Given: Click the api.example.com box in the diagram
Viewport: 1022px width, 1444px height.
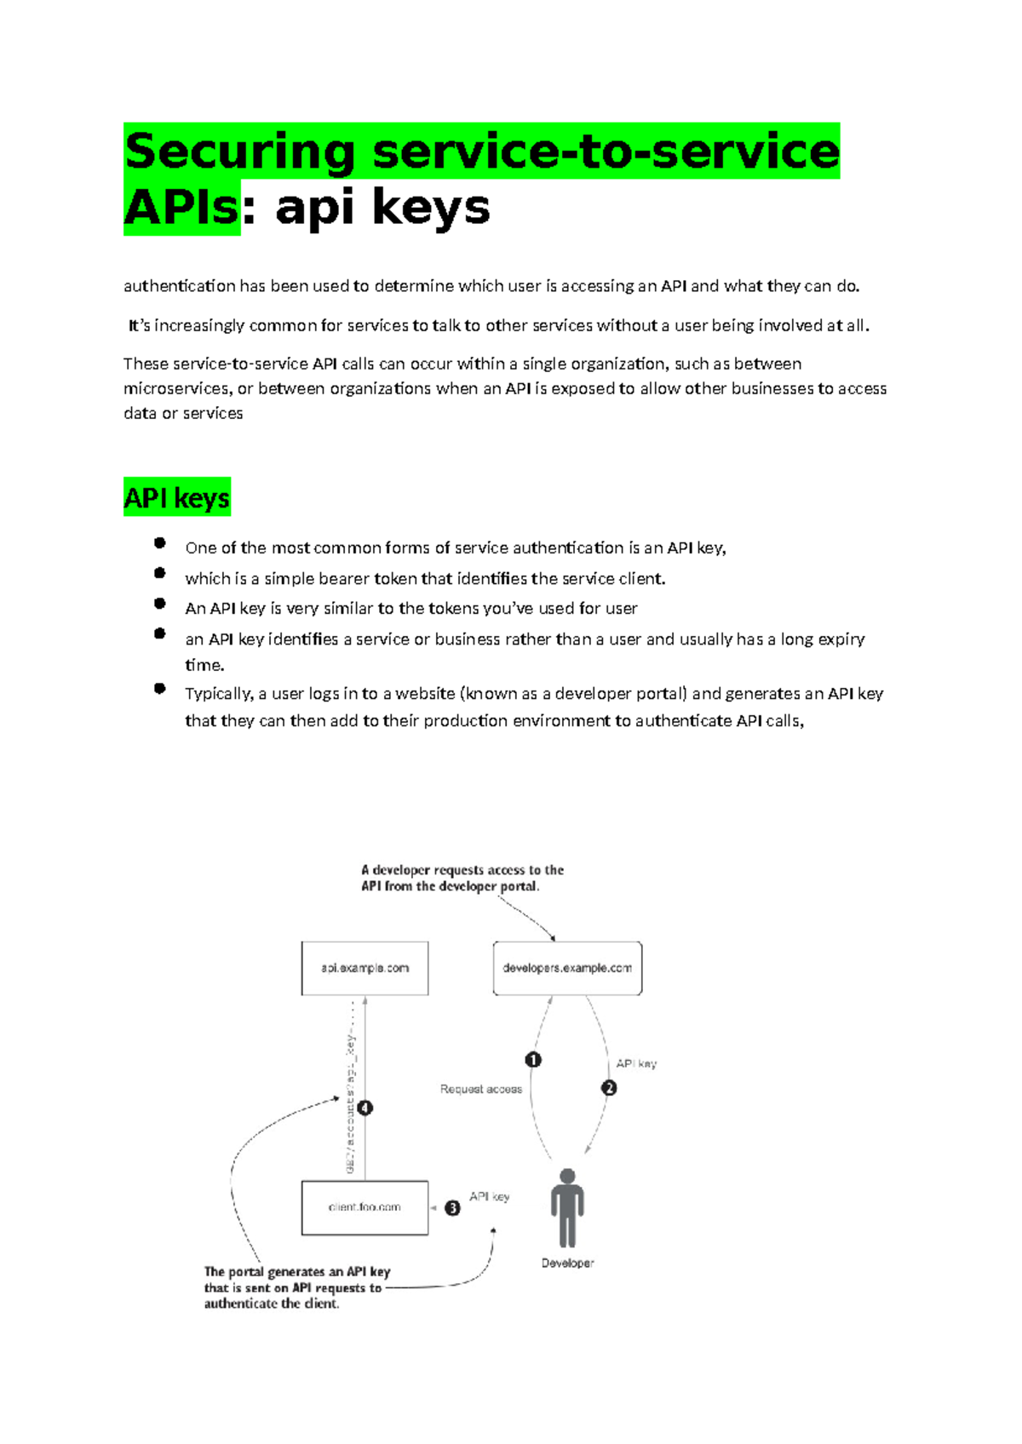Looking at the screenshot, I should tap(365, 968).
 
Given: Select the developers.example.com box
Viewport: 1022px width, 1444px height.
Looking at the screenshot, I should tap(567, 968).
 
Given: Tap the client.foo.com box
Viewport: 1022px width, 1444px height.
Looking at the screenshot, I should tap(365, 1207).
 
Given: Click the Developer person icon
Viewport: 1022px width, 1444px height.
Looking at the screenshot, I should tap(567, 1206).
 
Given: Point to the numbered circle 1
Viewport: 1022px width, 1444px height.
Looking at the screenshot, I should tap(533, 1060).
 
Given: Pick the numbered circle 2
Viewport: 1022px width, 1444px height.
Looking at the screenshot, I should tap(609, 1088).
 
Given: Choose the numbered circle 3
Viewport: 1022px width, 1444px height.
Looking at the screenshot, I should tap(452, 1208).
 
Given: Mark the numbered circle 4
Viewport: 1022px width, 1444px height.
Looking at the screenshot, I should tap(365, 1108).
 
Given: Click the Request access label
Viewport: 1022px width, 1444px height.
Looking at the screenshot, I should tap(481, 1089).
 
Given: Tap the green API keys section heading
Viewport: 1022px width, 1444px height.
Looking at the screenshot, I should tap(177, 497).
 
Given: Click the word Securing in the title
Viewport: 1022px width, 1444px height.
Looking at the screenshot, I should tap(239, 152).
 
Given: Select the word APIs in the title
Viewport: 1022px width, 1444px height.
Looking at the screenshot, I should tap(181, 208).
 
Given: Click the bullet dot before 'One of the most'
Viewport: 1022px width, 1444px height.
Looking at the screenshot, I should tap(159, 543).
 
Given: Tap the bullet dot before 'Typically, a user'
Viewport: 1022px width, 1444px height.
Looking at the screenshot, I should tap(159, 689).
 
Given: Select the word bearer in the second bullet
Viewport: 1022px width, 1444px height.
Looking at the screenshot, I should tap(343, 579).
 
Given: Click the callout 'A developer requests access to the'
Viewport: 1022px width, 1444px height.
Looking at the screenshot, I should tap(462, 870).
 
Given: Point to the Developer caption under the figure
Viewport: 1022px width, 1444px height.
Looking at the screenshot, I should tap(567, 1263).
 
